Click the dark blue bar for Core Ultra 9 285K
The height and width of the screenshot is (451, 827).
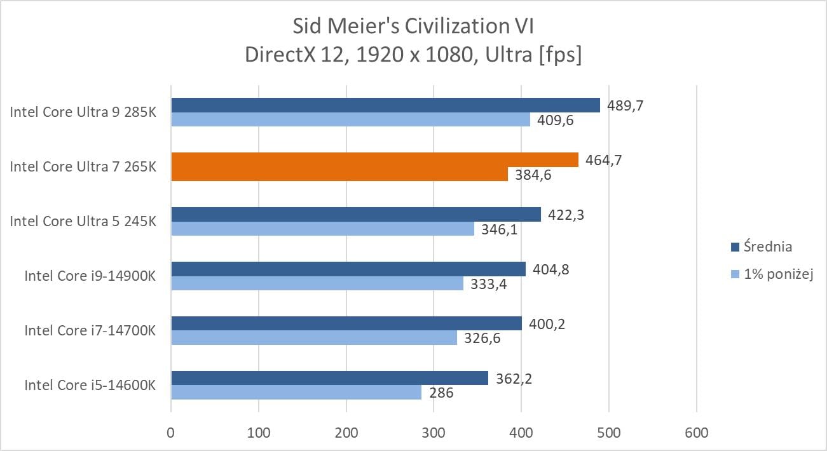pos(385,105)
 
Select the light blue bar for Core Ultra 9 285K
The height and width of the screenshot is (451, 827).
pos(350,119)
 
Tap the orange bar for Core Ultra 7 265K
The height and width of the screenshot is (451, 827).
pos(374,160)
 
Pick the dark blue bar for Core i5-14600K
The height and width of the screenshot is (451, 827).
pos(329,379)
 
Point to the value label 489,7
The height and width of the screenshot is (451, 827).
pos(625,105)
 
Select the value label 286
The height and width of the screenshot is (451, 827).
pos(441,393)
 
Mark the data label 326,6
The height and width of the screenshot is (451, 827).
pos(482,338)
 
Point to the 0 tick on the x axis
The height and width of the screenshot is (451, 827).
pos(171,433)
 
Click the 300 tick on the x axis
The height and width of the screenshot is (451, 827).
pos(434,433)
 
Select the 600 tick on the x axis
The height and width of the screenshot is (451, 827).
pos(696,433)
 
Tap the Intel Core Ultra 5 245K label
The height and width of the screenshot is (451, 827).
pos(83,222)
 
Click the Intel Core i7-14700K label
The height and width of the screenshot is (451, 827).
pos(90,330)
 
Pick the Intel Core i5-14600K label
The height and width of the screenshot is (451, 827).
pos(90,385)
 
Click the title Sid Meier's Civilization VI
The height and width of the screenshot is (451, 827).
pos(413,26)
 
